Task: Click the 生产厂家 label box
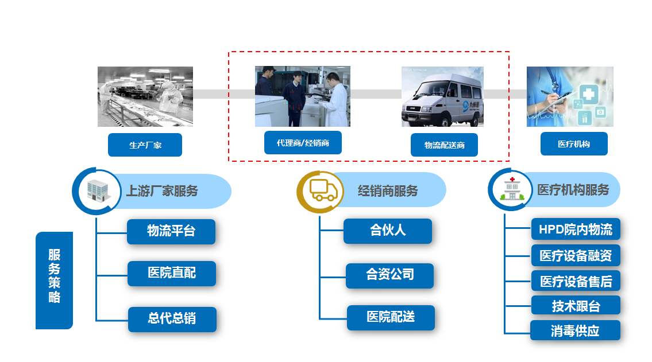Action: point(145,145)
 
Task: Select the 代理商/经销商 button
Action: point(303,143)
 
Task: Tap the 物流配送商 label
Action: point(444,145)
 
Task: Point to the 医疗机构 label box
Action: point(574,143)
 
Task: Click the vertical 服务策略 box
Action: point(54,280)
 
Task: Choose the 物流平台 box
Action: point(171,231)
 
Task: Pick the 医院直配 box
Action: point(171,273)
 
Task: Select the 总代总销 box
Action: point(172,319)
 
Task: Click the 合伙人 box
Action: point(388,231)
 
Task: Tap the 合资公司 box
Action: point(389,275)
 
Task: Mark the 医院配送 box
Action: point(391,318)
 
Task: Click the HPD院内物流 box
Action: point(576,229)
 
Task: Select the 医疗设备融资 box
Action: point(576,255)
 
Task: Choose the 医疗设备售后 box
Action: point(576,281)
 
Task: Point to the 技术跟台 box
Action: point(576,305)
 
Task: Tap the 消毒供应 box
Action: point(575,330)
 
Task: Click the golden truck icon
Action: point(323,191)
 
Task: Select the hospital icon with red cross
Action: point(512,189)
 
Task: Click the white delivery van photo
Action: point(442,97)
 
